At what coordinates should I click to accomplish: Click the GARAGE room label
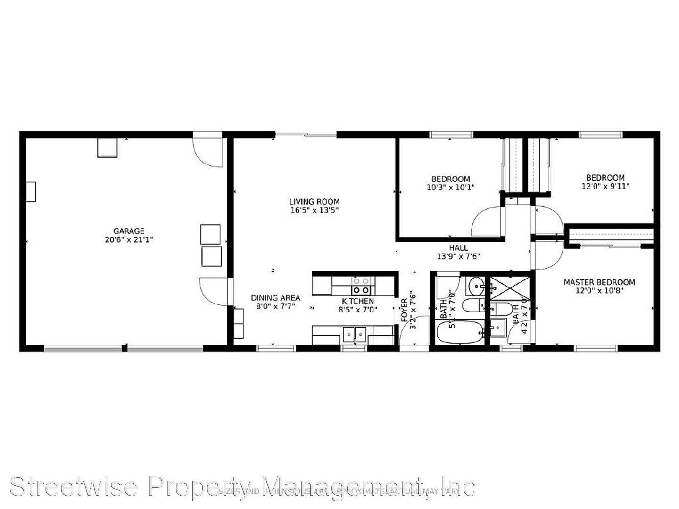[129, 231]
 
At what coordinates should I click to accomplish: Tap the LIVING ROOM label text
[314, 202]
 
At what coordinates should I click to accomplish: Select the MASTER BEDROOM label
[599, 282]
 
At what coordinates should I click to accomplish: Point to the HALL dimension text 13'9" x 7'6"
[458, 257]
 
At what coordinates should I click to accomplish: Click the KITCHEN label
[358, 301]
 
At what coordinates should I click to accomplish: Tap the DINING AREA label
[275, 297]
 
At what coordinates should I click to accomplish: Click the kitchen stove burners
[362, 286]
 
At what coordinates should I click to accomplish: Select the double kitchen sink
[354, 334]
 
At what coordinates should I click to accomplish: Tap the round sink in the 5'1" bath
[476, 285]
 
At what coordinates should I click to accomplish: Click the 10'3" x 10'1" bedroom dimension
[450, 187]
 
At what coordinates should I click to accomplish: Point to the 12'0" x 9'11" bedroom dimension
[605, 186]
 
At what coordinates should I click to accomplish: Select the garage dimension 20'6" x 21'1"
[129, 239]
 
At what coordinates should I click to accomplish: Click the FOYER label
[405, 310]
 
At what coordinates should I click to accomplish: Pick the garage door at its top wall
[207, 150]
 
